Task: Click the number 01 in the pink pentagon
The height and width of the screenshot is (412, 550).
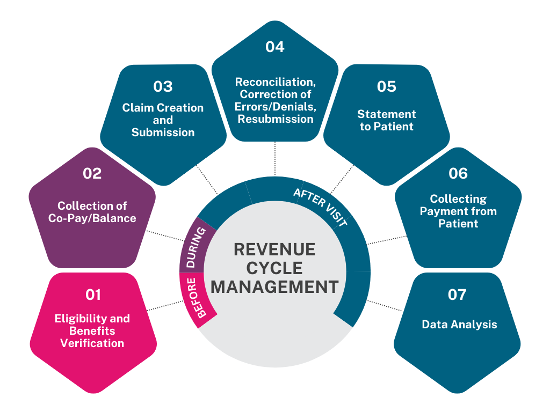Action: tap(92, 295)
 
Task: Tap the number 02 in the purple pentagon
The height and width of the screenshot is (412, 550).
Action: tap(91, 174)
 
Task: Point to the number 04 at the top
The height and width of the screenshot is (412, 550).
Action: tap(274, 47)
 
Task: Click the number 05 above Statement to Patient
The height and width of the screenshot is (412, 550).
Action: tap(386, 87)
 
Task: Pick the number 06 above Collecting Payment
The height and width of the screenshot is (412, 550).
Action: tap(458, 174)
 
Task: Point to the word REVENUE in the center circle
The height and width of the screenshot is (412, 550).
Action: tap(274, 250)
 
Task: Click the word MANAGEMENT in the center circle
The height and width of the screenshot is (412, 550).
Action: tap(274, 286)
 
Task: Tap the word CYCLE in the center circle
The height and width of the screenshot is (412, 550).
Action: tap(274, 268)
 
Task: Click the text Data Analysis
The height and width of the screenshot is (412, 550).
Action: tap(459, 324)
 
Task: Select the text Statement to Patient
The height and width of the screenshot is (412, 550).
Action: tap(387, 120)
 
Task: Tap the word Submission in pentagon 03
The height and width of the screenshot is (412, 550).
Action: tap(163, 132)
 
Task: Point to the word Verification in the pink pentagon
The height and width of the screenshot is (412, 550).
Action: tap(92, 343)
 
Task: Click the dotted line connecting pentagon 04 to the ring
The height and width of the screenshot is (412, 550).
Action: tap(275, 159)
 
